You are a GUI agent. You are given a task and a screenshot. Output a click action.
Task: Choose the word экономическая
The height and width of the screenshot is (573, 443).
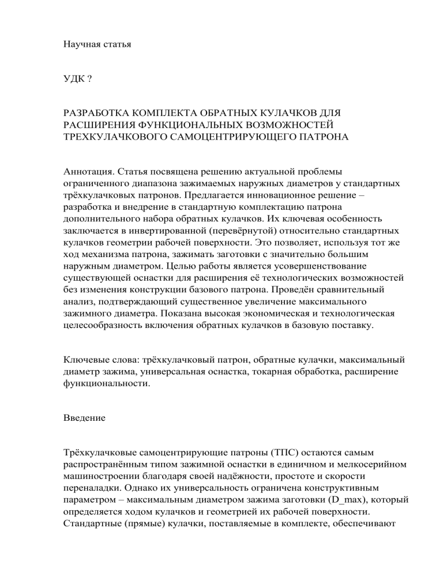[x=277, y=307]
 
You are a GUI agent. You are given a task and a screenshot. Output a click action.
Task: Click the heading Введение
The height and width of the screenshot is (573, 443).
[x=84, y=418]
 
